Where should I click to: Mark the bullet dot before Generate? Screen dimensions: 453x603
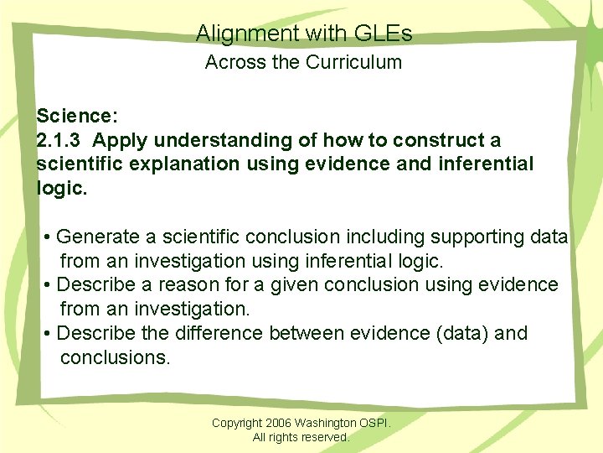click(49, 237)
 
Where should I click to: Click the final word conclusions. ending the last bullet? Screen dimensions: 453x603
click(115, 357)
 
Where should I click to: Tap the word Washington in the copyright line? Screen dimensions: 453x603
click(334, 423)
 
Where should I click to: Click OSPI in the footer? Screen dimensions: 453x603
click(379, 423)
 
